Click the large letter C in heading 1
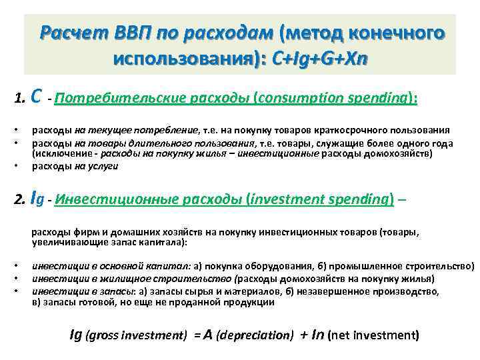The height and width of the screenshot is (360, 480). pyautogui.click(x=38, y=97)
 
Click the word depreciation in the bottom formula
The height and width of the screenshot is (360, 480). pyautogui.click(x=255, y=335)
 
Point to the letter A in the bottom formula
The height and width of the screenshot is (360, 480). pyautogui.click(x=207, y=335)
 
